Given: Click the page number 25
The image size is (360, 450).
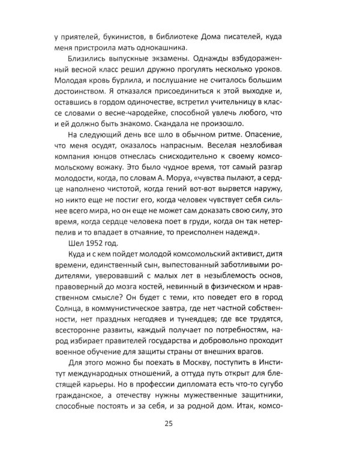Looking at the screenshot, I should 179,424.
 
